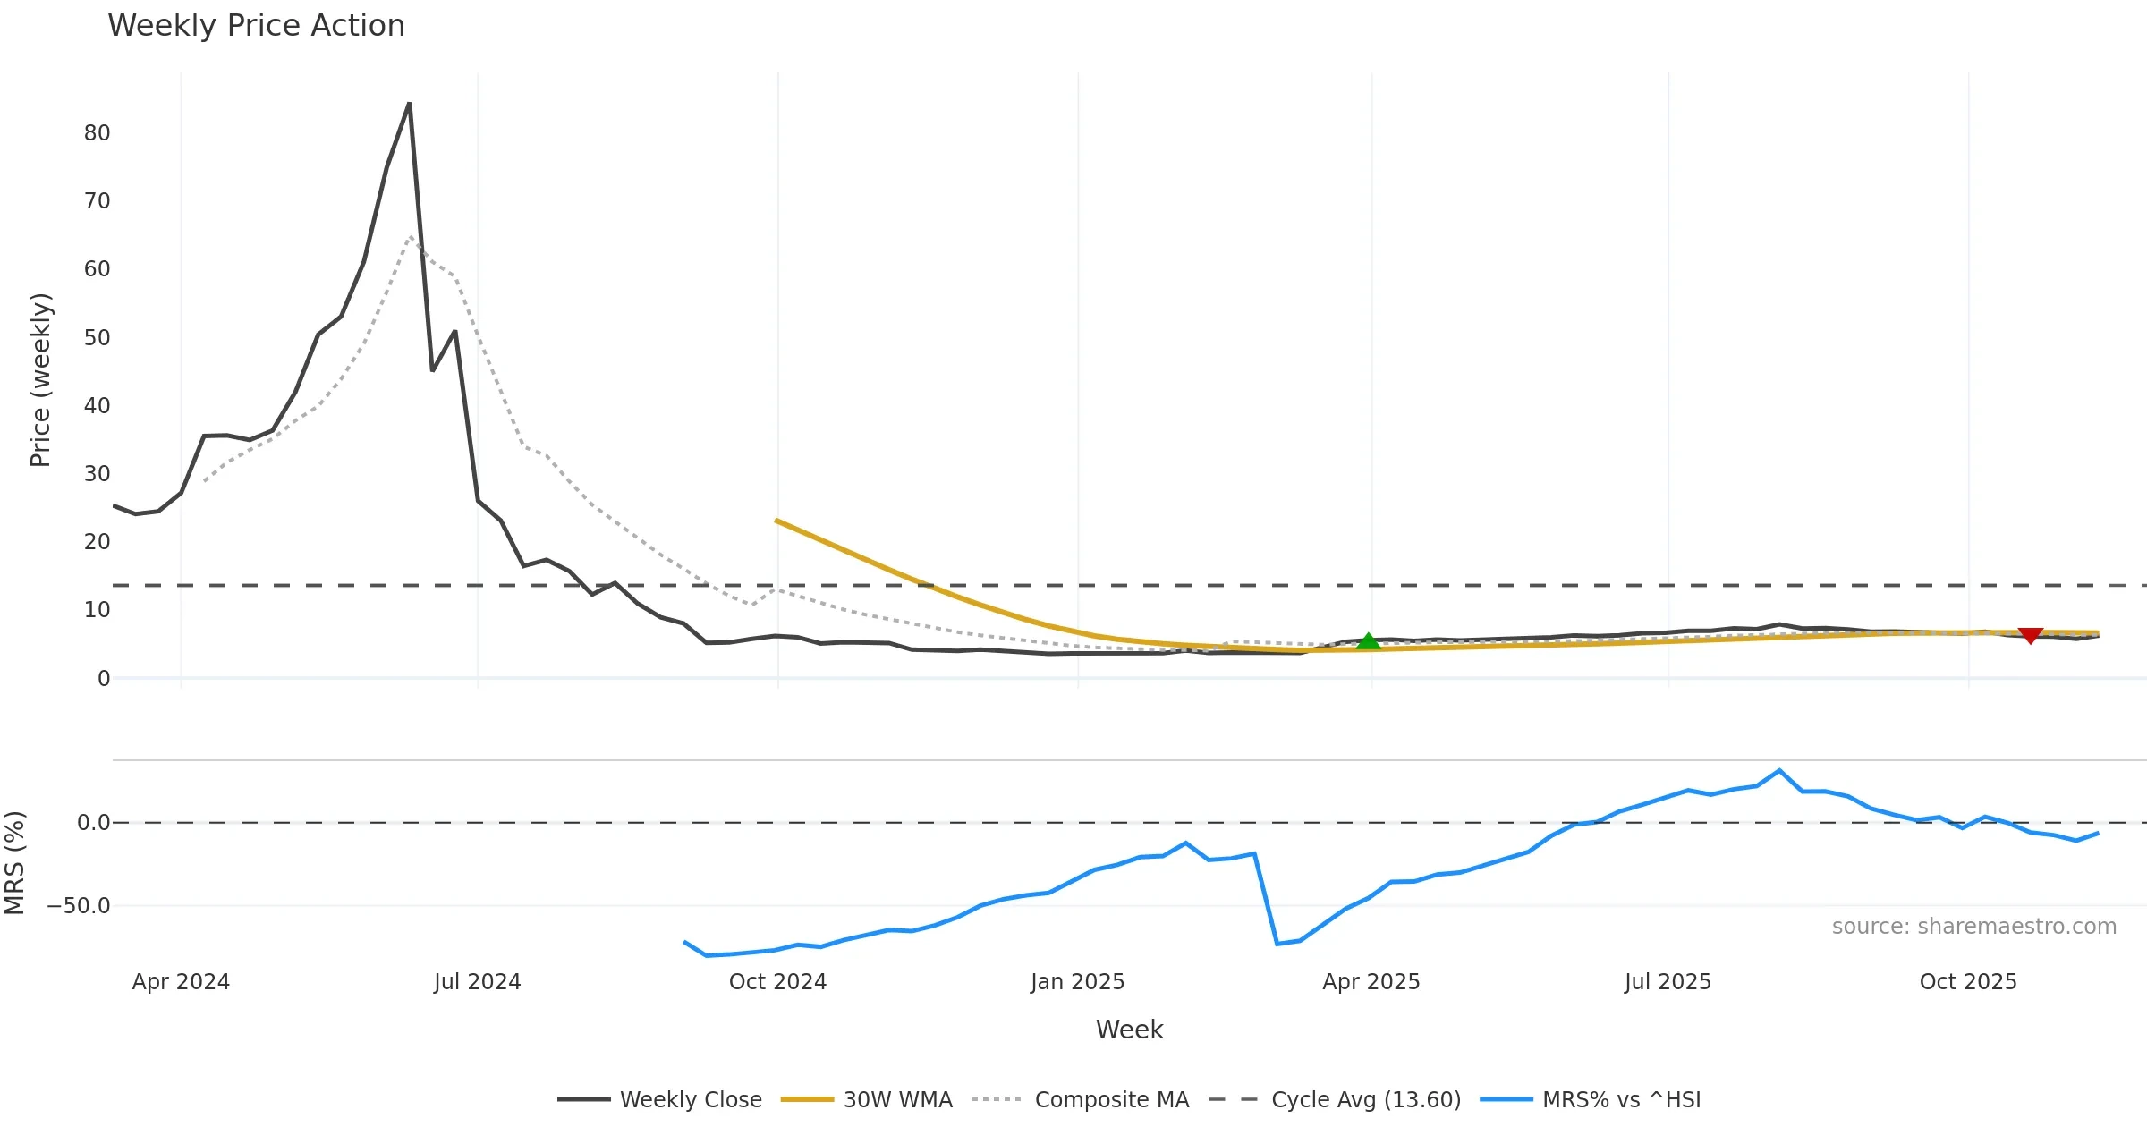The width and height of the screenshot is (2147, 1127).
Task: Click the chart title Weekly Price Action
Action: click(256, 26)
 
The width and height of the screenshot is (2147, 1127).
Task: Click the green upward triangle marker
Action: click(1368, 641)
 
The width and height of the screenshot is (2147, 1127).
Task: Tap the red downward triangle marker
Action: click(2031, 635)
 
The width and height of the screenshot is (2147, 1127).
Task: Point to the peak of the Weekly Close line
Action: click(410, 104)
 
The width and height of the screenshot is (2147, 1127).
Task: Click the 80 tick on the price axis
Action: click(97, 133)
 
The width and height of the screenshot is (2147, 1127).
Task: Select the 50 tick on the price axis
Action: click(97, 338)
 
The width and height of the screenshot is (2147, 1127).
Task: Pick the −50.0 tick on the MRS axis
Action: click(79, 906)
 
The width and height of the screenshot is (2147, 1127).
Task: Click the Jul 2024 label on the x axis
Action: click(477, 982)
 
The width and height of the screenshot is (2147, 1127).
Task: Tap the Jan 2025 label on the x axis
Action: click(1077, 982)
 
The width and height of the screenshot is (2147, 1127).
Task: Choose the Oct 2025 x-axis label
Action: click(1968, 982)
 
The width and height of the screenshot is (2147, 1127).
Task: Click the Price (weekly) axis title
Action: click(40, 380)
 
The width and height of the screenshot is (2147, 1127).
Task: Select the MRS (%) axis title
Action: click(14, 863)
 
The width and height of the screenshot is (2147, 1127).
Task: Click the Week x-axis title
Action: click(1129, 1030)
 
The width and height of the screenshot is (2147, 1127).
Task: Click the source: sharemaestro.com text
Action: click(1973, 927)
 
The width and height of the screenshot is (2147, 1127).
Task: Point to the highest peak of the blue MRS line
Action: click(1779, 771)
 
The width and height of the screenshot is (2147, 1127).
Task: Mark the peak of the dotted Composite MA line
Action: click(411, 237)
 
